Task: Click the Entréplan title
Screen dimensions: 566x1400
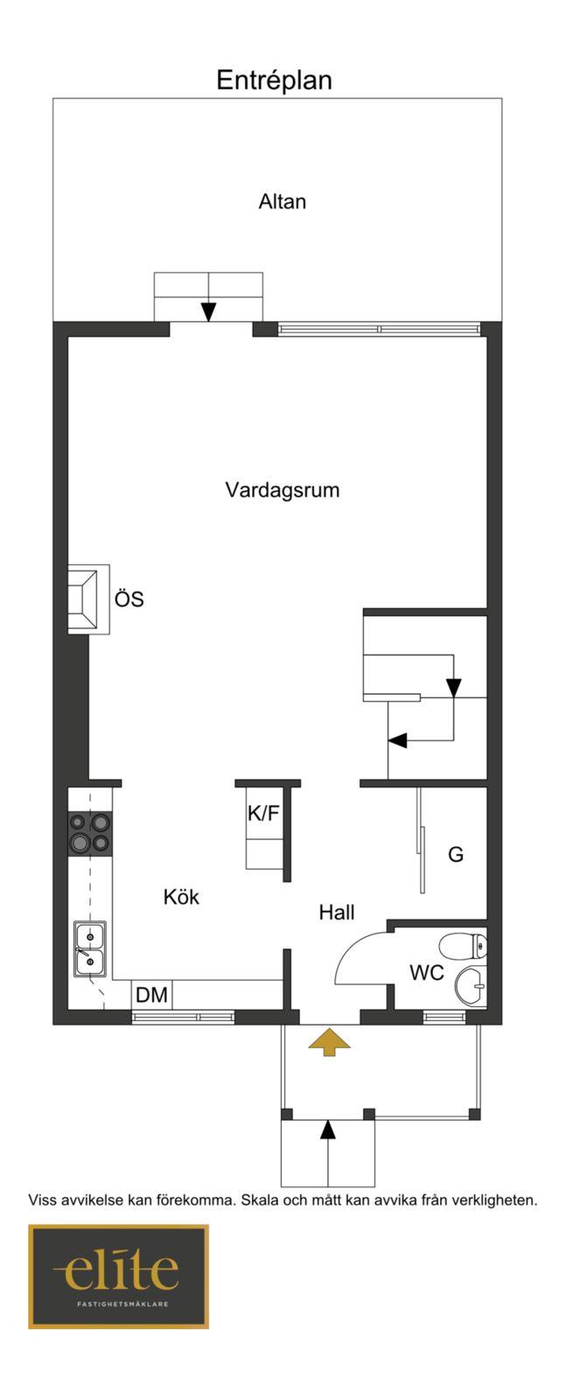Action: pos(274,80)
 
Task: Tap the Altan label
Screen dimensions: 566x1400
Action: pos(283,202)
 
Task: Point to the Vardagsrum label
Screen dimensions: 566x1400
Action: pos(283,489)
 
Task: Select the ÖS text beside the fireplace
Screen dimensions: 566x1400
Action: pos(129,598)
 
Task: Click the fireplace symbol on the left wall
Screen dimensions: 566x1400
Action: pos(88,599)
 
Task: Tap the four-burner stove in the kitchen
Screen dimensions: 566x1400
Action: pos(90,834)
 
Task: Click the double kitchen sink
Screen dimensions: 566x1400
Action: pos(90,948)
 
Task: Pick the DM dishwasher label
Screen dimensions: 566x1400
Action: pos(152,994)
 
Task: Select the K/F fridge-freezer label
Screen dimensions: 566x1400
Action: pos(263,813)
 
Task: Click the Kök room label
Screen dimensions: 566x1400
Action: pos(181,897)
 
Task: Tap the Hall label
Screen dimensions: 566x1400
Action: pos(337,913)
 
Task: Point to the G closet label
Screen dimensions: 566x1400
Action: pos(456,854)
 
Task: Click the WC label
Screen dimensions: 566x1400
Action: pos(427,972)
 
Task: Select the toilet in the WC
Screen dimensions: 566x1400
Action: pos(463,946)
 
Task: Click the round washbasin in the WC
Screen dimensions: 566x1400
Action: pos(471,985)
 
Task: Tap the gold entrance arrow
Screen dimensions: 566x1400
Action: pos(329,1042)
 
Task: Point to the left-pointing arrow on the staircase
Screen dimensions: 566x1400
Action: pos(398,740)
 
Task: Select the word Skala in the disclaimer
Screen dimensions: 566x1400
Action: pos(260,1200)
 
